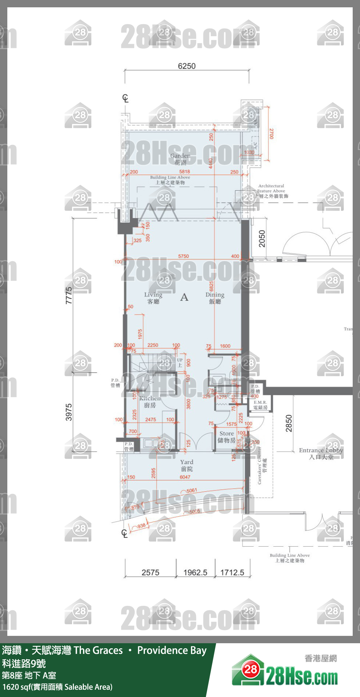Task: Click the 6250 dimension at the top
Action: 187,66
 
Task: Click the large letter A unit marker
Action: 184,297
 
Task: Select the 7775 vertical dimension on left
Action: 69,295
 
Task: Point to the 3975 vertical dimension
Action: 69,412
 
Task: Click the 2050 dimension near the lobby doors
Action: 262,239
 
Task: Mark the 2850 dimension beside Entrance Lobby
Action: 289,423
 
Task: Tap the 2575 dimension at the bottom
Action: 150,573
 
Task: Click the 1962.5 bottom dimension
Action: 195,573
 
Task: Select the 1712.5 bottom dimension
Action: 232,573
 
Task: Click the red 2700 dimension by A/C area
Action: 271,134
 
